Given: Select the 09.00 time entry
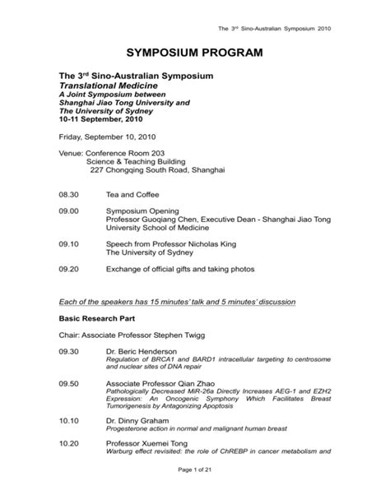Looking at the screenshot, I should pyautogui.click(x=68, y=210).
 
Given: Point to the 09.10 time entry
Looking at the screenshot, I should pyautogui.click(x=68, y=244).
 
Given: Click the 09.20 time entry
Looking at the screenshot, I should pyautogui.click(x=68, y=269).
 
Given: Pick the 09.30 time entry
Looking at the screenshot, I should pyautogui.click(x=68, y=351).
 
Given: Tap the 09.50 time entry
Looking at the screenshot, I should pyautogui.click(x=68, y=383).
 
